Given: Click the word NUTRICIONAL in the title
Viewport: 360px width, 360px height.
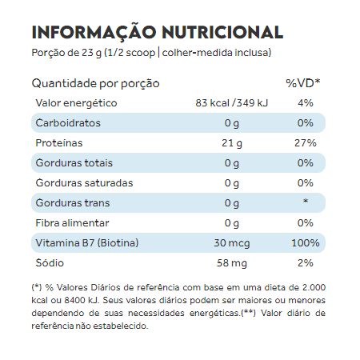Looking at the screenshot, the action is pos(222,32).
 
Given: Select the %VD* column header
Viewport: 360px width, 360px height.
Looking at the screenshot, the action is pos(302,83).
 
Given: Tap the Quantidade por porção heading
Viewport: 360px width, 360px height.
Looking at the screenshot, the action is pos(95,84).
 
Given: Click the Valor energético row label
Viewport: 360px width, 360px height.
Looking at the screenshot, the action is pos(76,103).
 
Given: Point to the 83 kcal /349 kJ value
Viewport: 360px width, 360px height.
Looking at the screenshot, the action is pos(232,103).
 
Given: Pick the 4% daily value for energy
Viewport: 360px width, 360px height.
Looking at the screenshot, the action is pos(306,103).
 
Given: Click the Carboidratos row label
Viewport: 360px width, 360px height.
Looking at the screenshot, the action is pos(68,123).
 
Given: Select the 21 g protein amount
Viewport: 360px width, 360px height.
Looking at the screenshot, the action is pos(232,143).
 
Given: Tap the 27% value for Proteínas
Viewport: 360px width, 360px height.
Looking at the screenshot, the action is pos(306,143).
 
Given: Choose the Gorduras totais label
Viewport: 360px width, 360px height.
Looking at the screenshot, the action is pos(74,163).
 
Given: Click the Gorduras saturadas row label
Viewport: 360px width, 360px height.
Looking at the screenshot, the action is pos(84,183).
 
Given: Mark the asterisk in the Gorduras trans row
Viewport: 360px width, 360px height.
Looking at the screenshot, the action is pos(306,201).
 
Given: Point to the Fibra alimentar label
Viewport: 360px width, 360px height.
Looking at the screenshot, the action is pos(72,223).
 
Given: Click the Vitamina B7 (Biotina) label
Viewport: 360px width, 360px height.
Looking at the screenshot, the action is pos(87,243).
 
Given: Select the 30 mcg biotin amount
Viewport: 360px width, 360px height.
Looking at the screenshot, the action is pos(232,243).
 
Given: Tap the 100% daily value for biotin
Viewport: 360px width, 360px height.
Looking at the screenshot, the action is pos(306,243).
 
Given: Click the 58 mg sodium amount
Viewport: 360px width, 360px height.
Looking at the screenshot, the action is pos(232,263).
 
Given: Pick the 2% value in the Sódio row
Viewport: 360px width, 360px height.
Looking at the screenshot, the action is pos(306,263).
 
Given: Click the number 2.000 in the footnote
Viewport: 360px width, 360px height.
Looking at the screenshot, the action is pos(314,287).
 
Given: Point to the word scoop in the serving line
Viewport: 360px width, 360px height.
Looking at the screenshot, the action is pos(140,53).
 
